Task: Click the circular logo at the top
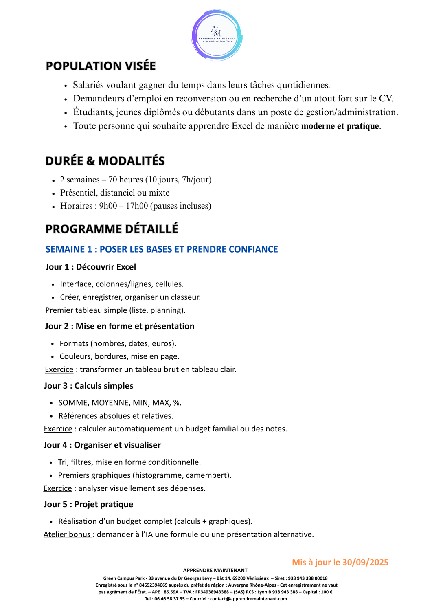pyautogui.click(x=217, y=36)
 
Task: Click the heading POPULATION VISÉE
pyautogui.click(x=101, y=66)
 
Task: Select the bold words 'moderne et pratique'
pyautogui.click(x=340, y=126)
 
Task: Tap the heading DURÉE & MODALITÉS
pyautogui.click(x=105, y=161)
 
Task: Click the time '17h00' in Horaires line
pyautogui.click(x=137, y=206)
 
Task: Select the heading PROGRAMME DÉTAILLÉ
pyautogui.click(x=112, y=229)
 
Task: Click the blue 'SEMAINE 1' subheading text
pyautogui.click(x=69, y=249)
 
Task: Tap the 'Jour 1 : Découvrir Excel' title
pyautogui.click(x=91, y=267)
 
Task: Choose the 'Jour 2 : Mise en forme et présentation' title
pyautogui.click(x=120, y=326)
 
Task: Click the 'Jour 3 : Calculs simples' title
pyautogui.click(x=89, y=386)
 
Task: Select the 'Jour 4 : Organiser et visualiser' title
pyautogui.click(x=102, y=445)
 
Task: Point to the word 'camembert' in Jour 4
pyautogui.click(x=209, y=475)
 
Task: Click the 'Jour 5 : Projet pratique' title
pyautogui.click(x=89, y=505)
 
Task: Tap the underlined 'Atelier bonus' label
pyautogui.click(x=67, y=534)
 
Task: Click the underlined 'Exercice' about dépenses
pyautogui.click(x=58, y=488)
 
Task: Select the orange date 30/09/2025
pyautogui.click(x=365, y=563)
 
